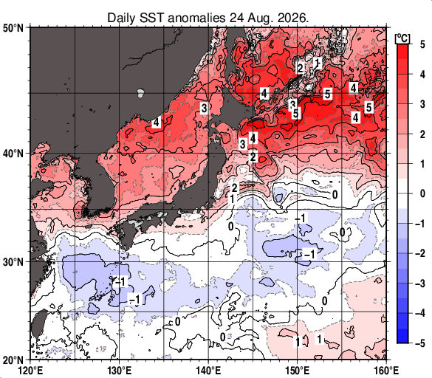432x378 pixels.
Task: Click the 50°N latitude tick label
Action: click(x=13, y=28)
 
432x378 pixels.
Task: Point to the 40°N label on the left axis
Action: click(x=13, y=154)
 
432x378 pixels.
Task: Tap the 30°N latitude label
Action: click(x=13, y=262)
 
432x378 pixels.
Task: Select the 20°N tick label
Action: click(x=13, y=360)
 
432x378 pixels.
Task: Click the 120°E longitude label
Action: click(x=30, y=371)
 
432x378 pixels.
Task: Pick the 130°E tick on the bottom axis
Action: click(x=119, y=371)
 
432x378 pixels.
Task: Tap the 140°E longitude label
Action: click(x=208, y=371)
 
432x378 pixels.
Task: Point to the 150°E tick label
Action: click(x=298, y=371)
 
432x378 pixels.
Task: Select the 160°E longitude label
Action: click(x=386, y=371)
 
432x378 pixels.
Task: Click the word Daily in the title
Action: click(x=121, y=18)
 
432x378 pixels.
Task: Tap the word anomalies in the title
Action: click(x=196, y=18)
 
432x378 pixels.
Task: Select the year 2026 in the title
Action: click(x=293, y=18)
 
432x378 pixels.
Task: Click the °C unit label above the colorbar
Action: click(x=402, y=38)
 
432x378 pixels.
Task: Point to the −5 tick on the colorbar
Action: click(x=420, y=343)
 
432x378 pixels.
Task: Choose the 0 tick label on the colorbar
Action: click(x=422, y=193)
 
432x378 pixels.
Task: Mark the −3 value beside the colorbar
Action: click(x=420, y=283)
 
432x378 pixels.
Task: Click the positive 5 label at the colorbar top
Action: click(x=422, y=44)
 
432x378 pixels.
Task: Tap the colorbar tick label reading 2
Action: click(x=422, y=134)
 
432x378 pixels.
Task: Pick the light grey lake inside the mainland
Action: click(x=140, y=93)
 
